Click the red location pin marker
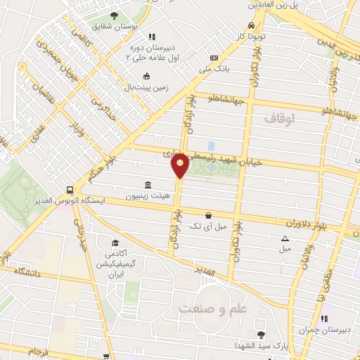(x=180, y=165)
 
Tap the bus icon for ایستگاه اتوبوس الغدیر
(x=70, y=189)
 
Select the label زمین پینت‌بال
(x=146, y=87)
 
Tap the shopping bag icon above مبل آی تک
(x=207, y=216)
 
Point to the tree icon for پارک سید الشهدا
(x=261, y=335)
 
